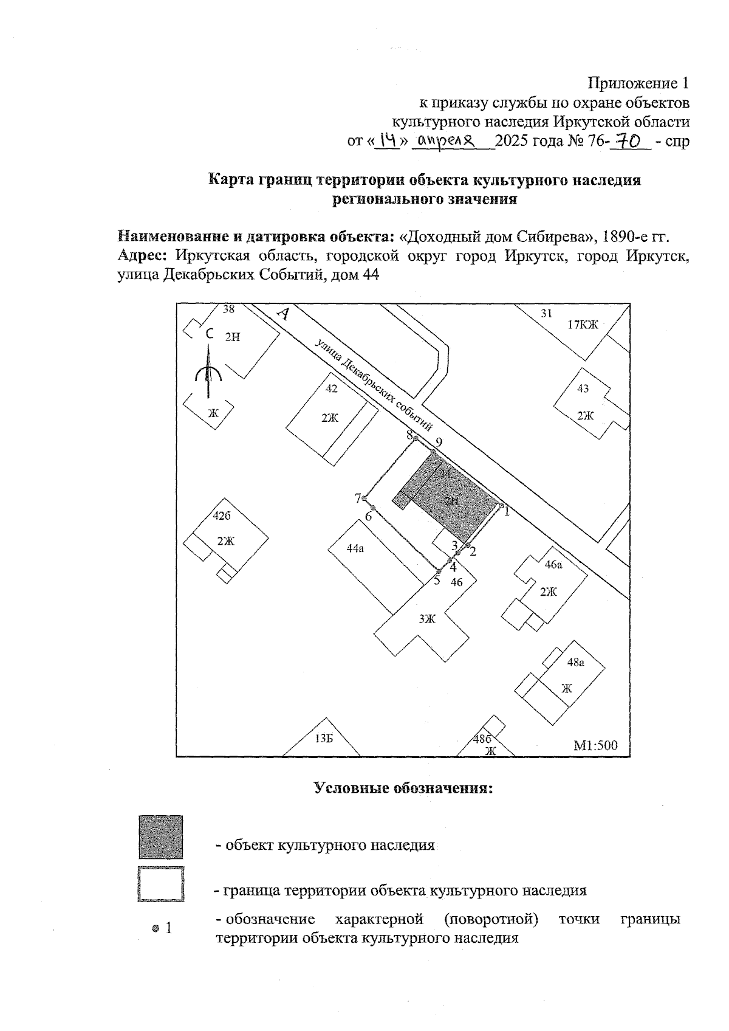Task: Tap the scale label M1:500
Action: click(595, 745)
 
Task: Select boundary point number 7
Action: click(364, 499)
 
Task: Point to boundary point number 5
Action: click(438, 571)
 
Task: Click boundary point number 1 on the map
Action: click(501, 505)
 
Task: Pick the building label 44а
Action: click(355, 548)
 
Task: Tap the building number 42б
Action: click(222, 516)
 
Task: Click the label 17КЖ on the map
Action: click(583, 325)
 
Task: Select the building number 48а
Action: click(575, 663)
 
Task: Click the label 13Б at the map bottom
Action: click(324, 739)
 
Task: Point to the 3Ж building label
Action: click(427, 619)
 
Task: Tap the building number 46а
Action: click(553, 565)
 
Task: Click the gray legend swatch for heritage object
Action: click(160, 837)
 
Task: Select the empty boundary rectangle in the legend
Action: click(160, 884)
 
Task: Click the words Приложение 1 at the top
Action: click(638, 83)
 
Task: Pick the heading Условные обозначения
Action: click(402, 788)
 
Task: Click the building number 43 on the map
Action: click(583, 388)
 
